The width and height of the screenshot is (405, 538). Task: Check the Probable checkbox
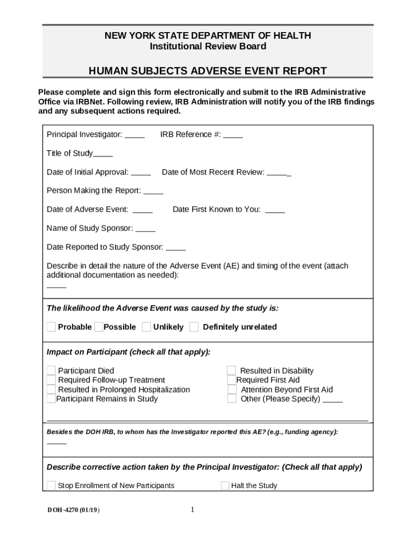(x=51, y=327)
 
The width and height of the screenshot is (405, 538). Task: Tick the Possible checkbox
(x=98, y=327)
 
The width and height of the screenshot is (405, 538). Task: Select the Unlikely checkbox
(x=147, y=327)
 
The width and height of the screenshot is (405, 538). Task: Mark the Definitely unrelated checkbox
(x=194, y=327)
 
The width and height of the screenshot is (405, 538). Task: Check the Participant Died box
(x=51, y=370)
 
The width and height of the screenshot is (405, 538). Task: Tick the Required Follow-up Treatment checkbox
(x=51, y=380)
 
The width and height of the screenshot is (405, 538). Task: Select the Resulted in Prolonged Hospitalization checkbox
(x=51, y=389)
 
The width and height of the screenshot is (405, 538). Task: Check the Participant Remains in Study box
(x=51, y=399)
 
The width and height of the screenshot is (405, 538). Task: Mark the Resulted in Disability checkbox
(x=231, y=370)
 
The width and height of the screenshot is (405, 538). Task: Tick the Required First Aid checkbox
(x=231, y=380)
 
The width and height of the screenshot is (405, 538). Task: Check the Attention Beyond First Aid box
(x=231, y=389)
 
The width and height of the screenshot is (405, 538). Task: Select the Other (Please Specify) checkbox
(x=231, y=399)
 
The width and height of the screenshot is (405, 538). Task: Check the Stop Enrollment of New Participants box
(x=51, y=485)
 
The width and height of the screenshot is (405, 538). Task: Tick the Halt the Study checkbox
(x=225, y=485)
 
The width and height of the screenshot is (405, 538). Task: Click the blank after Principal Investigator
(x=135, y=135)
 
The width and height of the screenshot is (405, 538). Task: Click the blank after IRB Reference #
(x=233, y=135)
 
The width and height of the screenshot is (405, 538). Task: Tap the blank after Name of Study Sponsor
(x=145, y=229)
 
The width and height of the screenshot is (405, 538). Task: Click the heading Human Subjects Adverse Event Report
(x=207, y=71)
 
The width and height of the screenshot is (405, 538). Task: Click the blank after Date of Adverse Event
(x=143, y=210)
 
